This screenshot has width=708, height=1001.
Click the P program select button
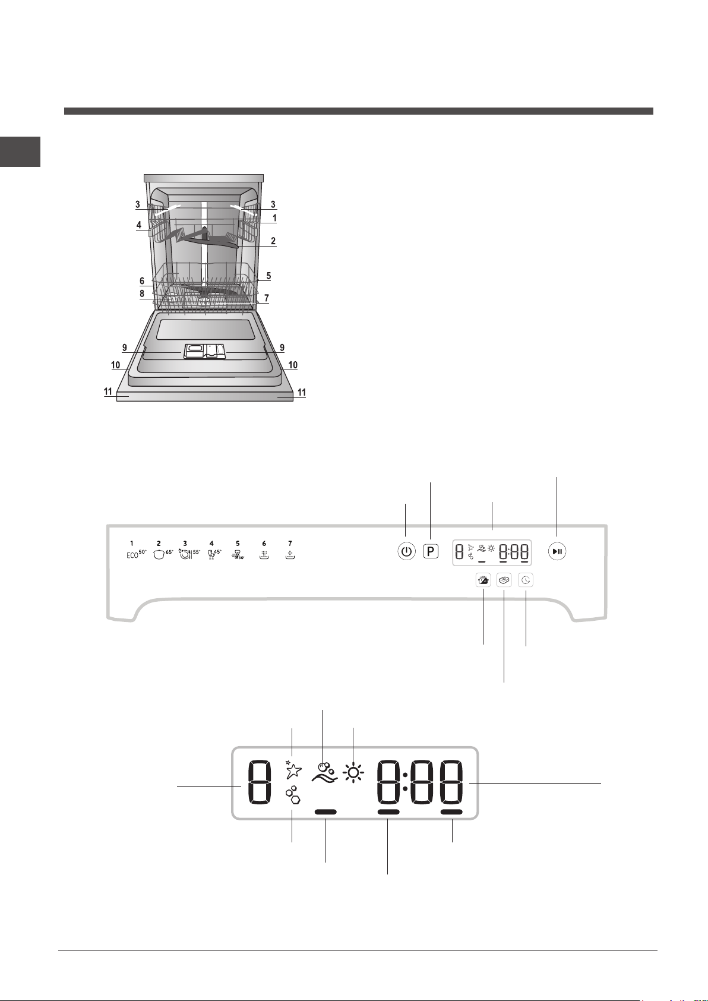pos(431,551)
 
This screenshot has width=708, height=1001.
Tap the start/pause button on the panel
pos(557,551)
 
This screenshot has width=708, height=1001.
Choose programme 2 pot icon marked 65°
pos(163,555)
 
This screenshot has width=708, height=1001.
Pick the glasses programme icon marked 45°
pos(215,555)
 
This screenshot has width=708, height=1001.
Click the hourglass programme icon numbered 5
pos(239,555)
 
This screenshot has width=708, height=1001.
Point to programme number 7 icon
pos(290,555)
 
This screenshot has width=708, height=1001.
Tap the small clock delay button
pos(526,580)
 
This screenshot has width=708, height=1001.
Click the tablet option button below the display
pos(504,580)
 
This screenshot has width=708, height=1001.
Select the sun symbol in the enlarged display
pos(353,772)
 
